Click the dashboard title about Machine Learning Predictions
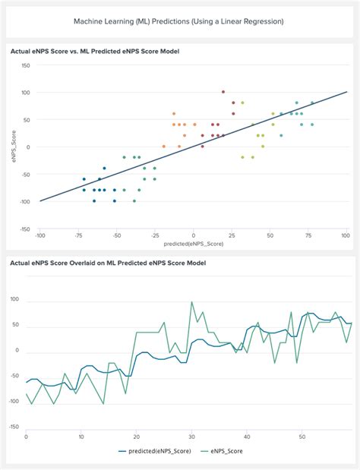click(180, 21)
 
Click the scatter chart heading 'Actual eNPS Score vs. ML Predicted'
click(99, 50)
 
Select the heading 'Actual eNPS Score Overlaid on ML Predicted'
click(108, 262)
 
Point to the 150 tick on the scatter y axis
click(25, 65)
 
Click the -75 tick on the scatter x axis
click(77, 236)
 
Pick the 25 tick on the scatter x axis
click(231, 236)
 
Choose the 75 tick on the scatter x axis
click(308, 236)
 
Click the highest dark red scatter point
click(223, 92)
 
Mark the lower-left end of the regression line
click(39, 201)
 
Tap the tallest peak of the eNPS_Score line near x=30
click(191, 301)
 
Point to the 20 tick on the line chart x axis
click(137, 437)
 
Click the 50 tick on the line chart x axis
click(302, 437)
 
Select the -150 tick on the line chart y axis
click(13, 427)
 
